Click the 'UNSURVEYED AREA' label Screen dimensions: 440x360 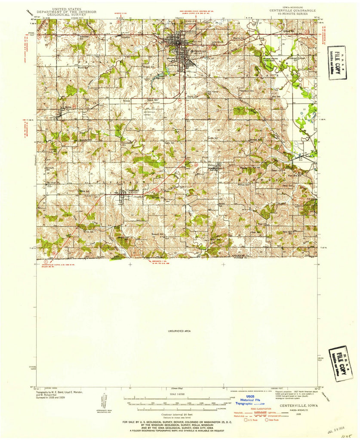point(180,331)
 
